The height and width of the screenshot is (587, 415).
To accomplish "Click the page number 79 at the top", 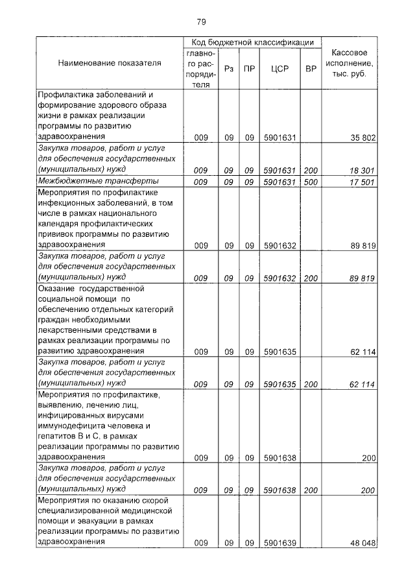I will point(201,22).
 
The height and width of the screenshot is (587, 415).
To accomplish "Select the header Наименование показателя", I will point(110,64).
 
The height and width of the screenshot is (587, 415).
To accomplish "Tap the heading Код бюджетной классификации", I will point(252,42).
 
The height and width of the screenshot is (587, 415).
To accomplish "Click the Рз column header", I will point(228,68).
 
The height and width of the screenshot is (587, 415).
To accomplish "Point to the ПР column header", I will point(249,68).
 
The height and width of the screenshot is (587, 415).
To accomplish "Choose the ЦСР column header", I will point(279,68).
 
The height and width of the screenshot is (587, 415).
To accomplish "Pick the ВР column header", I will point(311,68).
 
